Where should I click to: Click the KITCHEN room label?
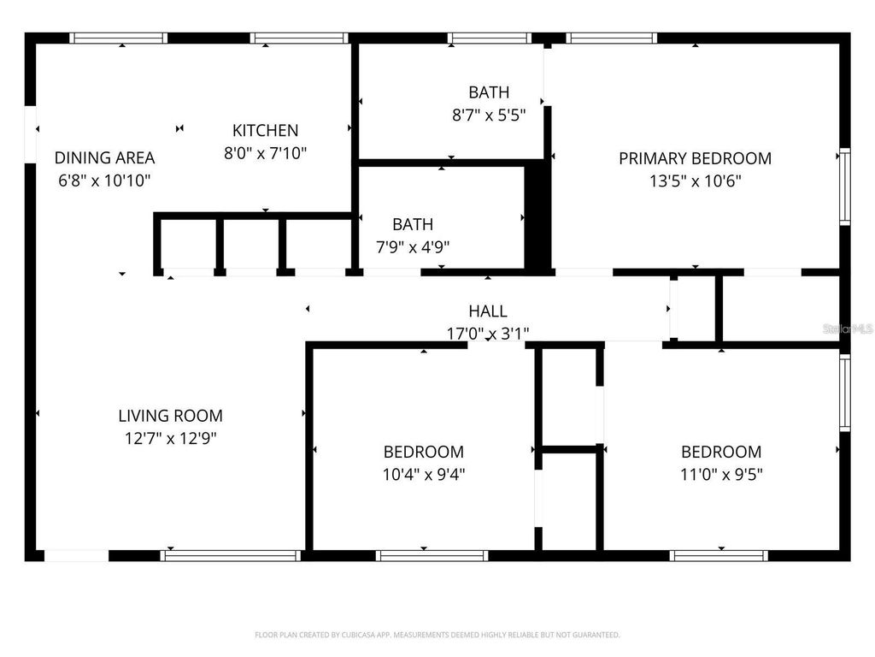tap(265, 131)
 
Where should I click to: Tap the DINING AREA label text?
tap(104, 157)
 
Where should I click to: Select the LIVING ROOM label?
tap(170, 416)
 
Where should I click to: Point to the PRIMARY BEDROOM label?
tap(695, 158)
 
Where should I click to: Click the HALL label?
tap(487, 311)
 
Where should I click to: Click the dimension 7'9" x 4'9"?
tap(413, 247)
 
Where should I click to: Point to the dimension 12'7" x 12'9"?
tap(170, 438)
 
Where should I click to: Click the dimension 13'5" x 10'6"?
tap(695, 181)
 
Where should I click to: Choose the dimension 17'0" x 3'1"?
tap(487, 334)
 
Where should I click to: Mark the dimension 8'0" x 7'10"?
tap(265, 153)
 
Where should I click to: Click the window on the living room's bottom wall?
tap(231, 555)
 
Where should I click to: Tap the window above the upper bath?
tap(489, 38)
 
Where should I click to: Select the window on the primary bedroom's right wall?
tap(844, 186)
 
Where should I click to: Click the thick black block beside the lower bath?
tap(536, 218)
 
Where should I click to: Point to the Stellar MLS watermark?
tap(846, 328)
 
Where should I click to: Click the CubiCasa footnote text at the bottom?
tap(437, 635)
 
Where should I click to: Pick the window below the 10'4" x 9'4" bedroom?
tap(432, 555)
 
